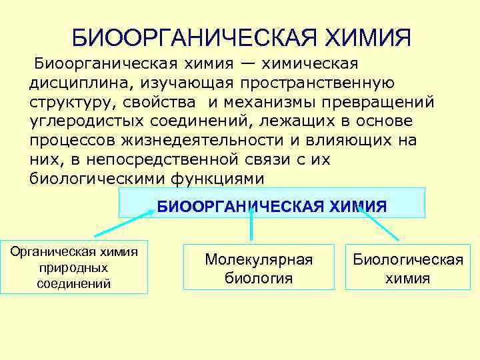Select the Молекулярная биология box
click(259, 268)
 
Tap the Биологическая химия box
click(408, 268)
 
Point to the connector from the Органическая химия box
click(125, 224)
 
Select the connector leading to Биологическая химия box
click(378, 222)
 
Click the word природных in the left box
click(74, 267)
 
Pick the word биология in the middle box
click(258, 277)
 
